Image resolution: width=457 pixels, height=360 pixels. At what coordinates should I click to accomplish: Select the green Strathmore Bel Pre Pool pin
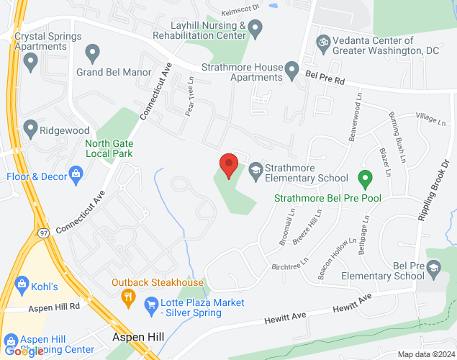[x=365, y=177]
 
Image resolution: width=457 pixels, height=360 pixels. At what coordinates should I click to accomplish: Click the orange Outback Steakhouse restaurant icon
[x=128, y=295]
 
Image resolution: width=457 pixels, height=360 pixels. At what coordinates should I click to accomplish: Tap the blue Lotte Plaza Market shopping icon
[x=151, y=306]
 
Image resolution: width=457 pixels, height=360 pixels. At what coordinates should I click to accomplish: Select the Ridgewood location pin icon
[x=30, y=130]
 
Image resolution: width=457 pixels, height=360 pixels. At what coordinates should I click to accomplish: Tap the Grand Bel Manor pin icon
[x=92, y=52]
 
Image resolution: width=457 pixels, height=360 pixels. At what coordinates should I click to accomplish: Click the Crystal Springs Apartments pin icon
[x=30, y=63]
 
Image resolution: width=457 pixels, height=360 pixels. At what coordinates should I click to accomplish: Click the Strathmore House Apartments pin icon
[x=291, y=71]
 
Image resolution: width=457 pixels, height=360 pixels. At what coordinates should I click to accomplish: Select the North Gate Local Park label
[x=109, y=148]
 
